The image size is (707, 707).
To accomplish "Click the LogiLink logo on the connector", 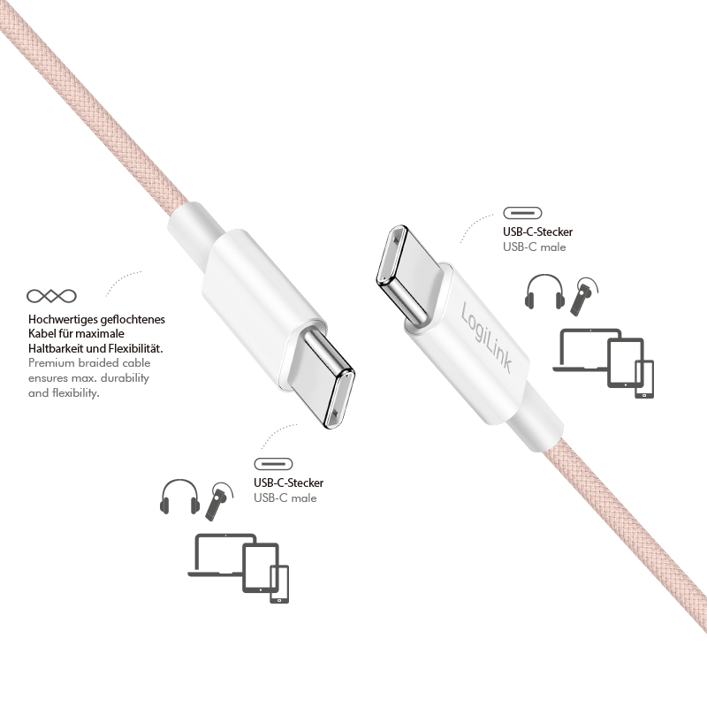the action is (x=486, y=338).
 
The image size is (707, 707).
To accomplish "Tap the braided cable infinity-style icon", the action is (x=51, y=296).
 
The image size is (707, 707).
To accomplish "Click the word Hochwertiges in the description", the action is (x=63, y=320).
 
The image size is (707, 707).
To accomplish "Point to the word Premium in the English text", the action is (x=51, y=363).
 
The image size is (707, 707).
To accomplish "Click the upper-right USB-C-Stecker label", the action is (x=538, y=232).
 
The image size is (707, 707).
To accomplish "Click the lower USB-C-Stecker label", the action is (x=289, y=483).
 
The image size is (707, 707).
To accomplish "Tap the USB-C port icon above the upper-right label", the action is (x=522, y=213).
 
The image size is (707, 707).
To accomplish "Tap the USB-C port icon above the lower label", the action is (x=273, y=464).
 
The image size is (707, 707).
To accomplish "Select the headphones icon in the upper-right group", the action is (x=544, y=292).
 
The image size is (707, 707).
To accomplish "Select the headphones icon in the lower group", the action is (x=180, y=497).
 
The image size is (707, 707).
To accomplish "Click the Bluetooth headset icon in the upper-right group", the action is (x=583, y=296).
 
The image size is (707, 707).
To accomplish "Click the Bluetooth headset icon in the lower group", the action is (x=218, y=501).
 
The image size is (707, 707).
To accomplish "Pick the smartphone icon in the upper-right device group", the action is (x=644, y=379).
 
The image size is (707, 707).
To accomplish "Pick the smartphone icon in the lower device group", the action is (x=279, y=584).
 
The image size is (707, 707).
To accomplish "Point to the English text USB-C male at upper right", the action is (x=535, y=247).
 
